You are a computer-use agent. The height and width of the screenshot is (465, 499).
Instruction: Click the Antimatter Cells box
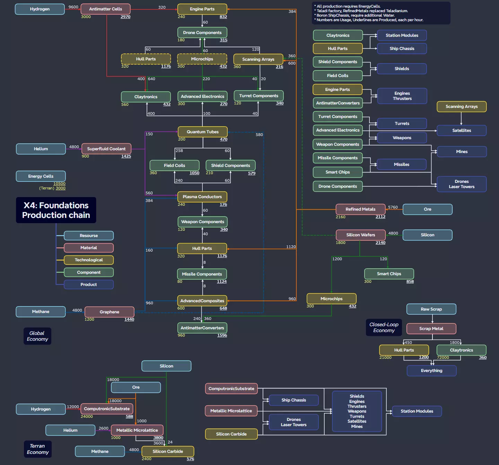pyautogui.click(x=105, y=9)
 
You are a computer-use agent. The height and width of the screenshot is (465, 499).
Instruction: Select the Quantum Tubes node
pyautogui.click(x=203, y=132)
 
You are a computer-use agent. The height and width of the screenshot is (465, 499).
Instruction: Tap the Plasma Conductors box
pyautogui.click(x=202, y=197)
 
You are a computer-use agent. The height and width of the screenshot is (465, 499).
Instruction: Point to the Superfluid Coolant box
pyautogui.click(x=106, y=149)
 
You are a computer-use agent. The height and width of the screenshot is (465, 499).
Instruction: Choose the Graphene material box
pyautogui.click(x=110, y=312)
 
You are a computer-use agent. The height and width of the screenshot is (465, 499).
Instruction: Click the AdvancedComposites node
pyautogui.click(x=202, y=301)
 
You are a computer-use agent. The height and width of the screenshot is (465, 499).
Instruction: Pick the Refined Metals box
pyautogui.click(x=360, y=209)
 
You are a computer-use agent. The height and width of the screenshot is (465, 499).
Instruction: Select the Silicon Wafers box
pyautogui.click(x=361, y=235)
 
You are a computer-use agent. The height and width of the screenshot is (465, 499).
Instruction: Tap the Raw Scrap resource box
pyautogui.click(x=431, y=309)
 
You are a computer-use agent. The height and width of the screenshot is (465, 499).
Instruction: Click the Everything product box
pyautogui.click(x=431, y=371)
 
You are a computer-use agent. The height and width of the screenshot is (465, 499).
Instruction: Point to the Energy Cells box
pyautogui.click(x=41, y=176)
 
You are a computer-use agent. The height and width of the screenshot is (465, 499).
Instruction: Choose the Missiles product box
pyautogui.click(x=402, y=164)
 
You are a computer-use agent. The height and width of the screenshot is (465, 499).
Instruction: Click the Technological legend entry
pyautogui.click(x=89, y=260)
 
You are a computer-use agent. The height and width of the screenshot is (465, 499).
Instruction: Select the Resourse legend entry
pyautogui.click(x=89, y=236)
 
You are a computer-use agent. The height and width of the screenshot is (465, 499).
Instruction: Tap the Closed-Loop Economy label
pyautogui.click(x=384, y=327)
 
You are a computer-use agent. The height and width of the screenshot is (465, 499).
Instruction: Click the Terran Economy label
pyautogui.click(x=38, y=449)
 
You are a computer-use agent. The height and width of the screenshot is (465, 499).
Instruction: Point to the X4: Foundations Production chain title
pyautogui.click(x=56, y=210)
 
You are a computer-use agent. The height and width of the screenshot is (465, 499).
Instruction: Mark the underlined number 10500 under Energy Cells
pyautogui.click(x=59, y=184)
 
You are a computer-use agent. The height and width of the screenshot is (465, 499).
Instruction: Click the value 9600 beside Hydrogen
pyautogui.click(x=73, y=7)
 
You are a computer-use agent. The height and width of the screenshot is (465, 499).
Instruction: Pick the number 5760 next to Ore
pyautogui.click(x=393, y=207)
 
